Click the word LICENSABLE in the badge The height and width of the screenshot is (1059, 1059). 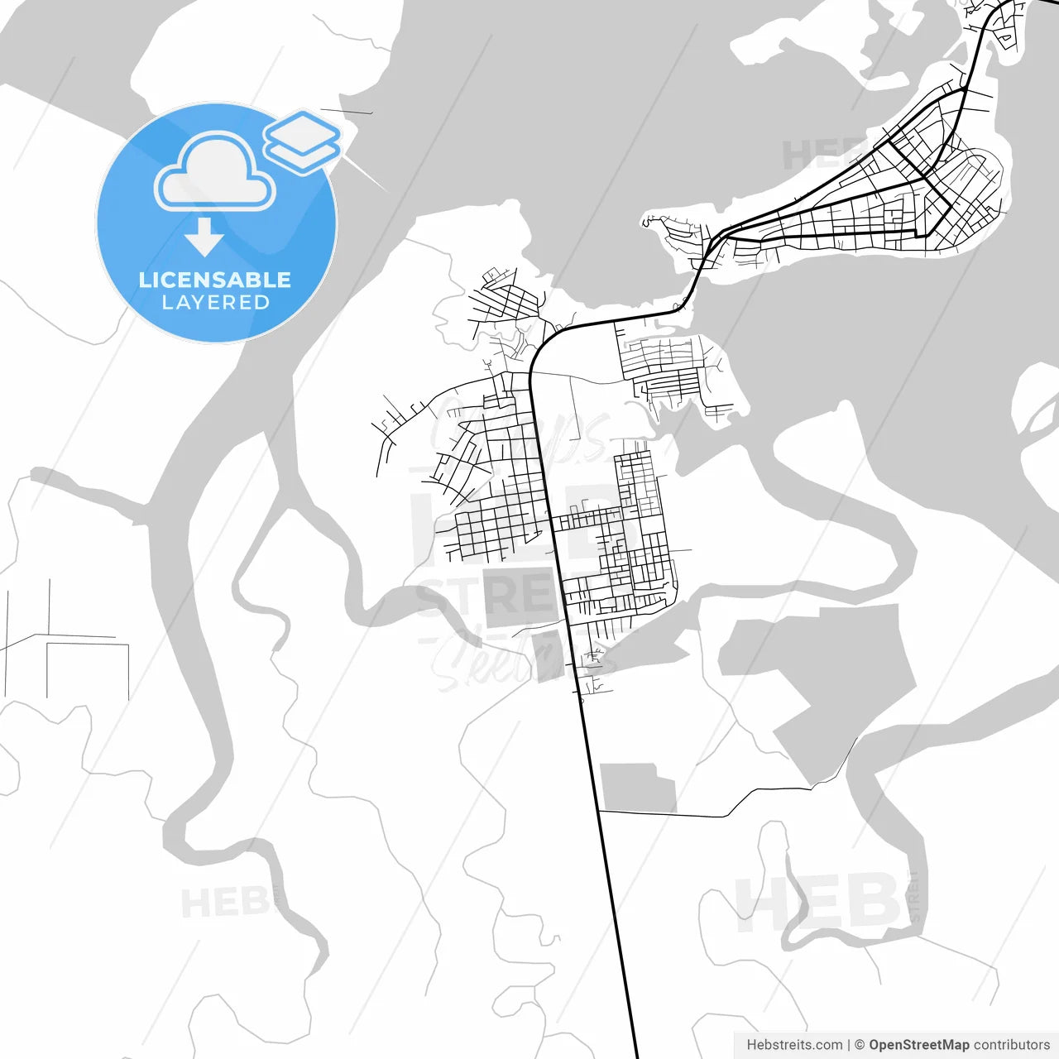coord(214,280)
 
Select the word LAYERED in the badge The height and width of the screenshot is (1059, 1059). coord(215,303)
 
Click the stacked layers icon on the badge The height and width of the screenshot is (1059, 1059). coord(303,141)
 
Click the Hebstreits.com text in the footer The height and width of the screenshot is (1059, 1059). coord(794,1045)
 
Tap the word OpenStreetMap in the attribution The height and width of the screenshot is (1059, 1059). coord(918,1045)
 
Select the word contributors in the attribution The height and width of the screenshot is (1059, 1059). coord(1012,1045)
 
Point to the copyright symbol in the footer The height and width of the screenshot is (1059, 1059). coord(860,1045)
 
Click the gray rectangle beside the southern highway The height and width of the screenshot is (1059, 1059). coord(637,787)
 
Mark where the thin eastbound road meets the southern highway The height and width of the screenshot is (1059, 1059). coord(598,812)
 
